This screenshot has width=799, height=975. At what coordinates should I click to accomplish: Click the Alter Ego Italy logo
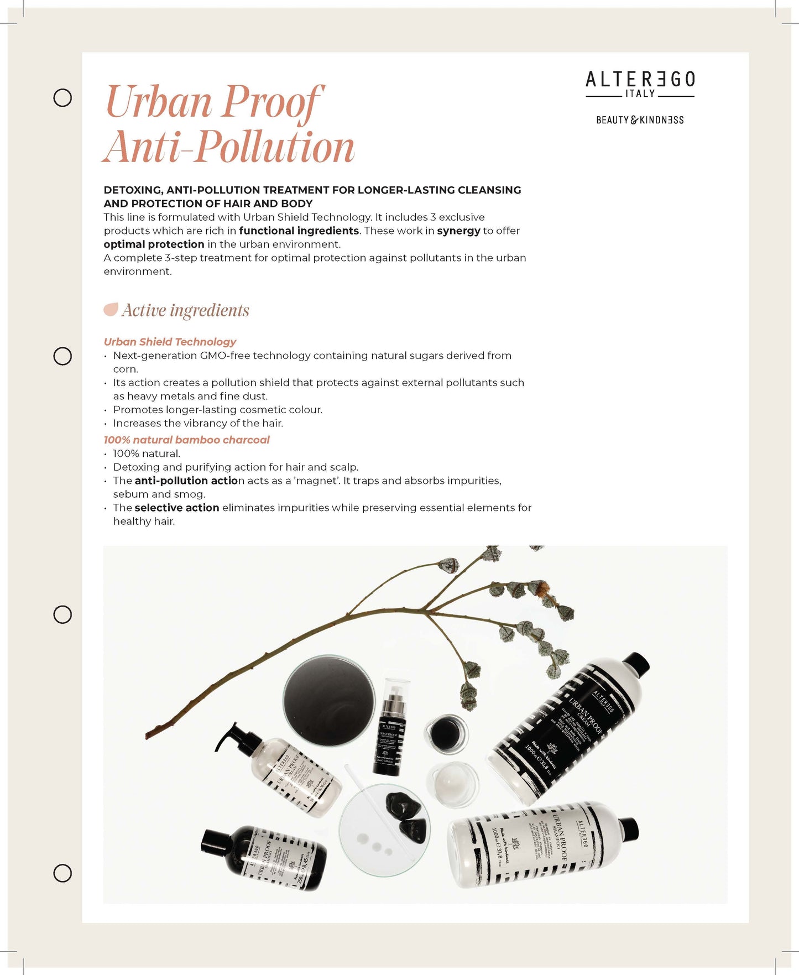coord(640,84)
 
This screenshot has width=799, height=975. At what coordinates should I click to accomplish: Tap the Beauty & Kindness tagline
coord(640,120)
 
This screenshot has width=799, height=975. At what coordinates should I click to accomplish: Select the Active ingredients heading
coord(185,310)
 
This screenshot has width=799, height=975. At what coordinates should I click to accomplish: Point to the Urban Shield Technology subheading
coord(170,342)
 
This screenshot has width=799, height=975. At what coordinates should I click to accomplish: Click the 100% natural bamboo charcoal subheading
coord(186,440)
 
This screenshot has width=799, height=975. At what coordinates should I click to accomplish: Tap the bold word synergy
coord(458,231)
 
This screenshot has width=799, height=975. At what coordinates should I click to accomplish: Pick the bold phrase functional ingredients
coord(299,231)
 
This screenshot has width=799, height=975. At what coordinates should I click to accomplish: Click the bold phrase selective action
coord(177,508)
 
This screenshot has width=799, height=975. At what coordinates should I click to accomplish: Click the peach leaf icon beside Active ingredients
coord(111,310)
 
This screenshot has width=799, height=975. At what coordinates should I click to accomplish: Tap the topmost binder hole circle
coord(62,98)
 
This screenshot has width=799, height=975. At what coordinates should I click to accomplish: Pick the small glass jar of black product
coord(446,734)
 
